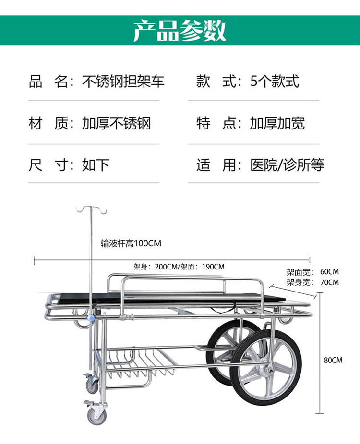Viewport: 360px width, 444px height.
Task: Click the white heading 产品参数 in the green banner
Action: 180,31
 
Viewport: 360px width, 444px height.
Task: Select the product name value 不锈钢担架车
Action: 123,81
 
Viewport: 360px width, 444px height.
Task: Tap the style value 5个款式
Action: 275,81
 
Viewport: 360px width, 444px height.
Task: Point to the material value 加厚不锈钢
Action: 117,123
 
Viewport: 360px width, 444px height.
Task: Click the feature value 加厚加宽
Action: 277,123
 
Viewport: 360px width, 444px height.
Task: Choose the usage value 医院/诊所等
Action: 288,165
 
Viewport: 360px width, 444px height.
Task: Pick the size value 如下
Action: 96,165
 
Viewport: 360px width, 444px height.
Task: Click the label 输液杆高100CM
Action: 131,244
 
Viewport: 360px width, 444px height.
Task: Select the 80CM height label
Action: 333,360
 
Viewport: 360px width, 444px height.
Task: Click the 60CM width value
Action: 329,272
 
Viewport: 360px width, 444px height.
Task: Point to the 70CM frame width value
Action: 329,282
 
